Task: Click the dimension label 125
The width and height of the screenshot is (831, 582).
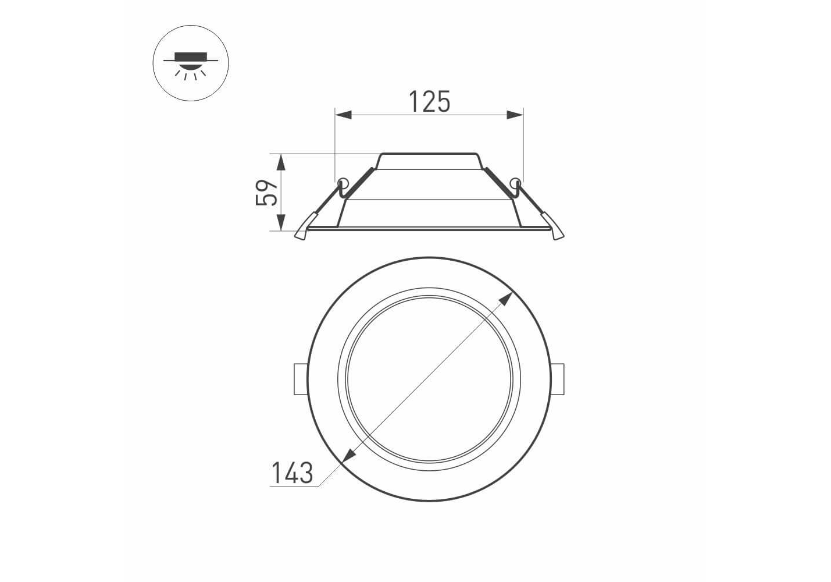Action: [430, 101]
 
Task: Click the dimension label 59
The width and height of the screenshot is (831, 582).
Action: [266, 192]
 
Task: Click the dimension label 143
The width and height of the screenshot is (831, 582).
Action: [293, 473]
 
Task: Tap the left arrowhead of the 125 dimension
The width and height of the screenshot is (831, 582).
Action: [343, 115]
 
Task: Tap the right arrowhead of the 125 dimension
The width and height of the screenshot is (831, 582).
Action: [515, 115]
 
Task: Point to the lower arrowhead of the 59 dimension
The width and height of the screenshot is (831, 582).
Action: [281, 222]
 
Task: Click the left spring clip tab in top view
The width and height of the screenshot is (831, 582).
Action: [301, 379]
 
